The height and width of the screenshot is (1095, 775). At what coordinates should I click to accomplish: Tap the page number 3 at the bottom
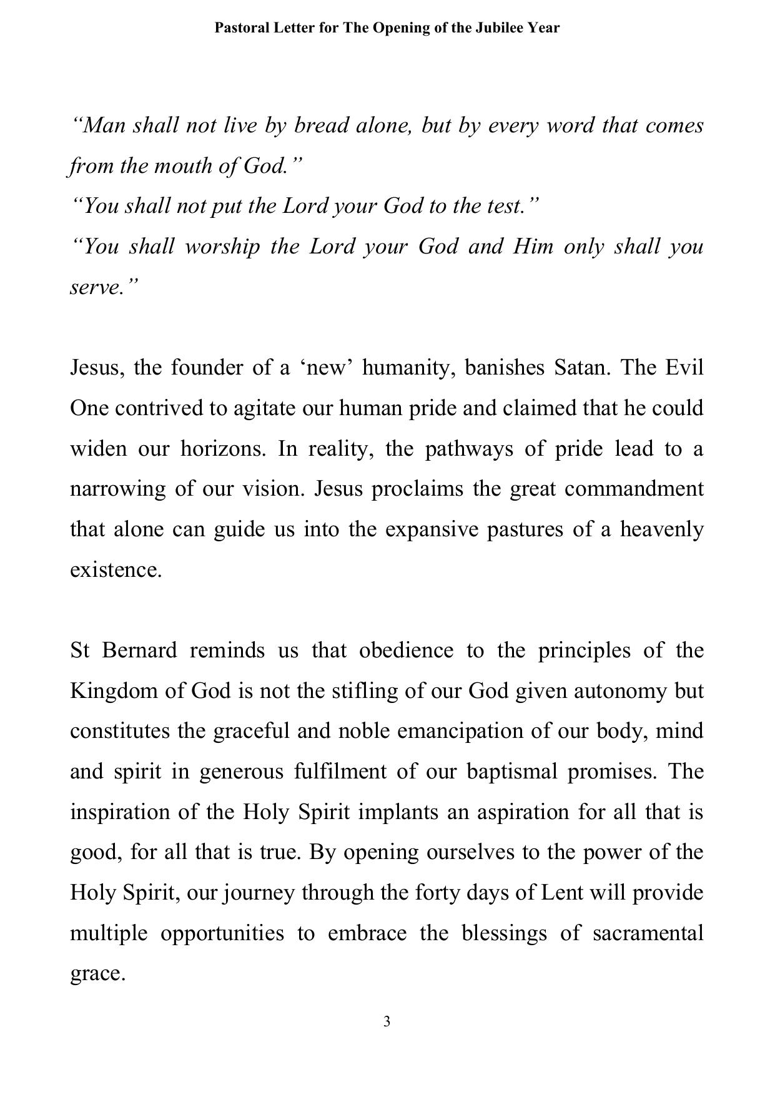[387, 1021]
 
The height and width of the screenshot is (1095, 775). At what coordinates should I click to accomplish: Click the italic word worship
[222, 247]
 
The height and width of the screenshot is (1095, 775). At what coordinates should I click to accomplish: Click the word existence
[116, 569]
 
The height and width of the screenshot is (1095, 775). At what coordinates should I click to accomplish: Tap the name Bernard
[139, 651]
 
